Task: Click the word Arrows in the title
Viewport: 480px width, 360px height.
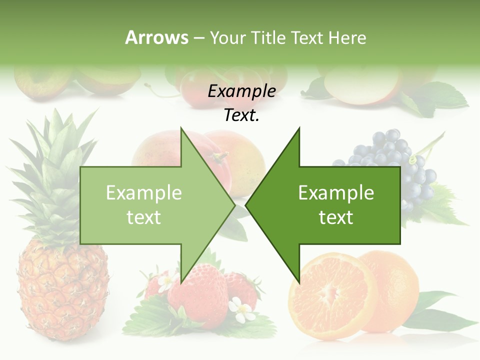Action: [156, 37]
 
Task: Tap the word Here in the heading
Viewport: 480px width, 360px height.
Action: [347, 37]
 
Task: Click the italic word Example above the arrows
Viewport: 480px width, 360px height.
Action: [241, 91]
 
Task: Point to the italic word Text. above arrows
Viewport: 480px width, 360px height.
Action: [241, 115]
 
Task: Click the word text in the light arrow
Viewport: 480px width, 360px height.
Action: [143, 217]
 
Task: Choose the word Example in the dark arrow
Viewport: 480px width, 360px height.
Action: [336, 193]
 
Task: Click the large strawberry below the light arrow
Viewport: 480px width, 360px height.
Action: [197, 295]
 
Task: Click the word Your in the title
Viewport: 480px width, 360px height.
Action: [227, 37]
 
